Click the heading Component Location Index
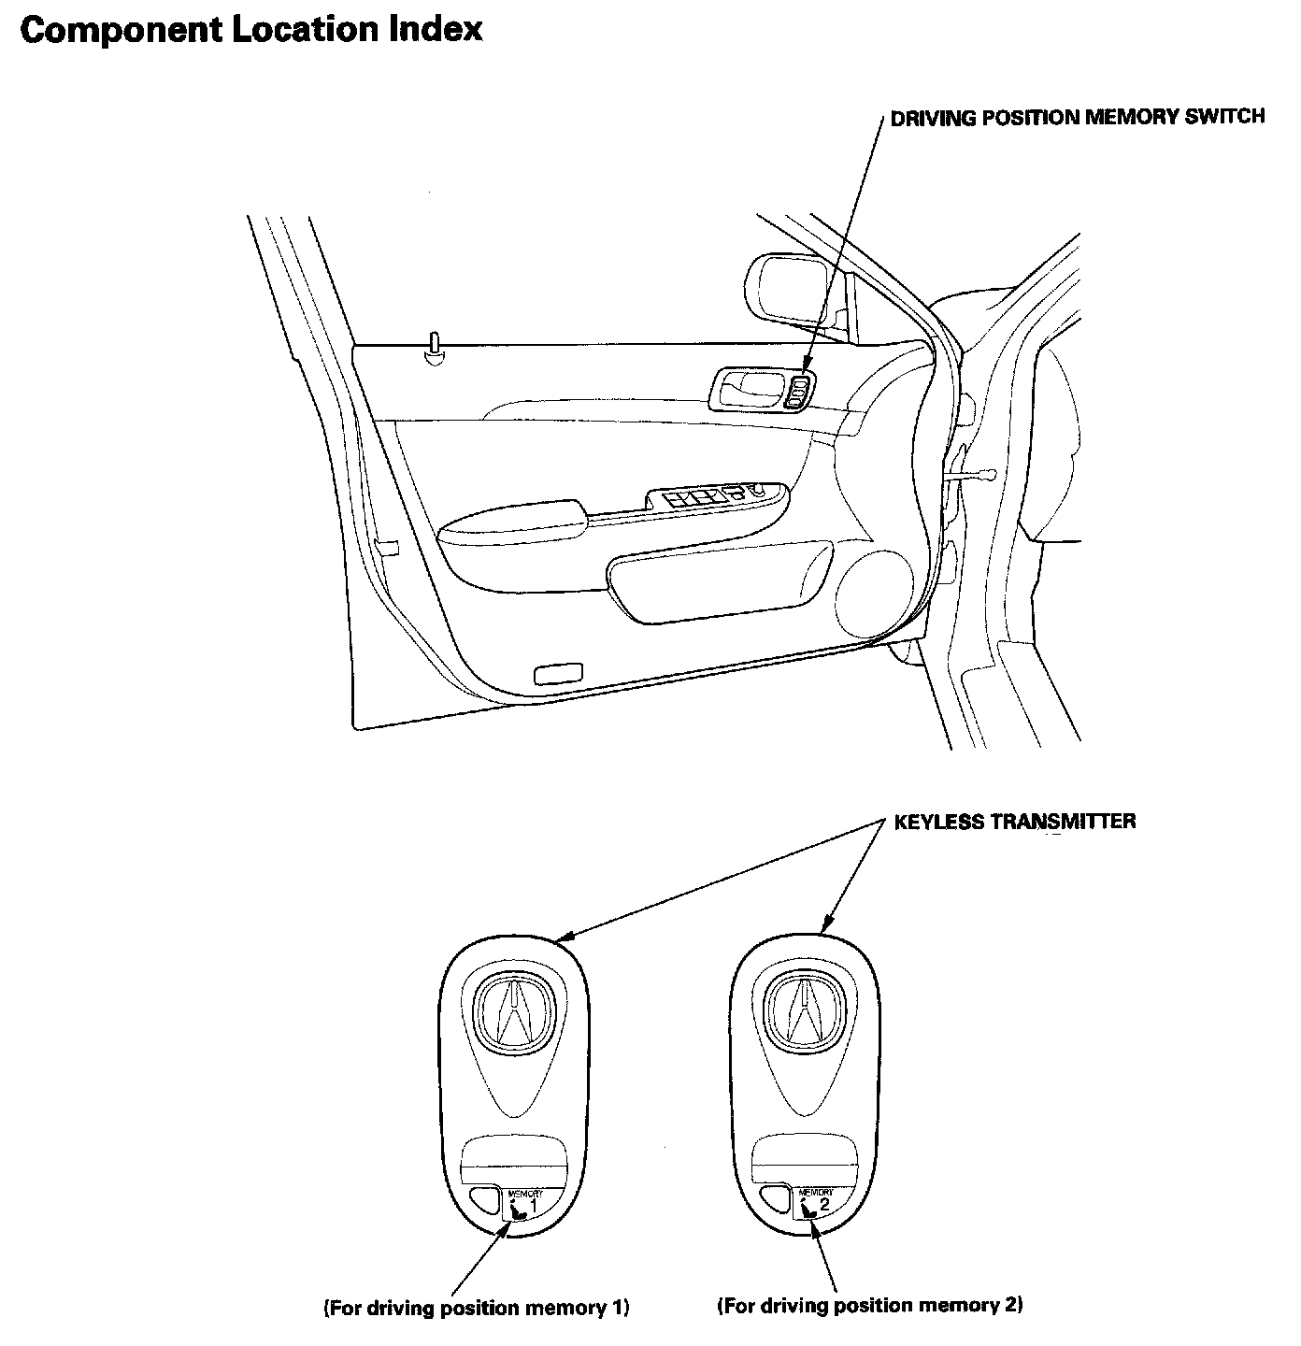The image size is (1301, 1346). (x=251, y=30)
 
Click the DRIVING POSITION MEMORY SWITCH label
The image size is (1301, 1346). (x=1078, y=117)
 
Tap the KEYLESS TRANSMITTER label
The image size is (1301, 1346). (x=1015, y=822)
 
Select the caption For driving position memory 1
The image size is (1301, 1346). (x=477, y=1308)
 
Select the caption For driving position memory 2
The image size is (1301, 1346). (x=870, y=1305)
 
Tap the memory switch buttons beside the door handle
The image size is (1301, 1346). (x=799, y=392)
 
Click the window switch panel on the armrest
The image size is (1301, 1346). (x=717, y=499)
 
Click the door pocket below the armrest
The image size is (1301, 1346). (x=721, y=581)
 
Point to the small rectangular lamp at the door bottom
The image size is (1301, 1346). (x=557, y=674)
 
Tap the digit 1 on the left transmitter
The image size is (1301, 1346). (x=533, y=1206)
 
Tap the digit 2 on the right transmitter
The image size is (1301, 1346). (x=823, y=1204)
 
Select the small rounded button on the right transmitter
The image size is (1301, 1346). (x=775, y=1200)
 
